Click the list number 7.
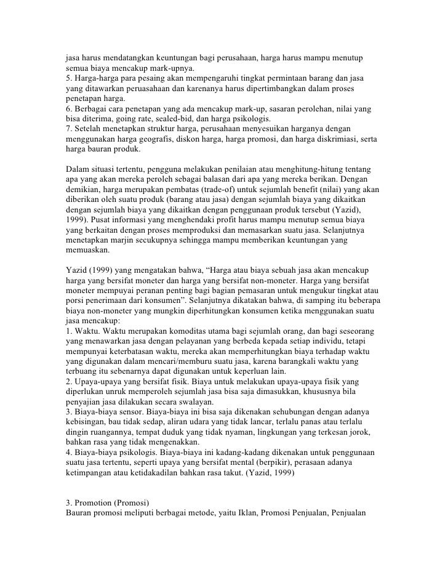point(68,130)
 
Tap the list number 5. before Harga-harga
point(68,78)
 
